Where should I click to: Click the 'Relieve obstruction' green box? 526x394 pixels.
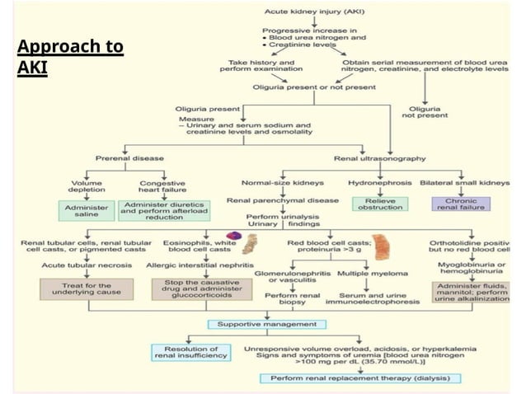(380, 204)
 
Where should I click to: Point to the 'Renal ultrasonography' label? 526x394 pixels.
(379, 157)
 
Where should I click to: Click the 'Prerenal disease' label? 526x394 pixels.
(127, 157)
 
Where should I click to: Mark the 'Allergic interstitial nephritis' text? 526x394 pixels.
(200, 265)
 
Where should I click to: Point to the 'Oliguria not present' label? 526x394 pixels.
(432, 113)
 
